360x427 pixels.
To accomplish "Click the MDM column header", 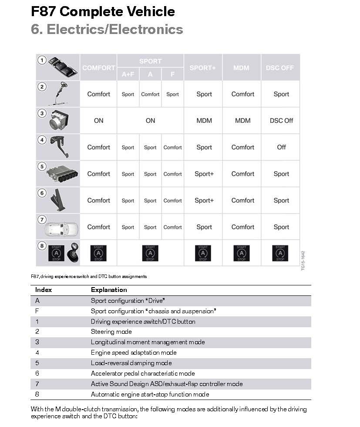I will click(241, 68).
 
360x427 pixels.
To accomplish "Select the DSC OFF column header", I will click(280, 68).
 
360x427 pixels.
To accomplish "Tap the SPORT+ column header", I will click(202, 68).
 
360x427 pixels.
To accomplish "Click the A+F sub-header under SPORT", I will click(128, 74).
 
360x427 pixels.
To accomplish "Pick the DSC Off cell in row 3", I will click(281, 121).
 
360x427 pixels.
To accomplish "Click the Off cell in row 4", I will click(281, 147).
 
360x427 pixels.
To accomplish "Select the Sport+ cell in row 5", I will click(204, 174).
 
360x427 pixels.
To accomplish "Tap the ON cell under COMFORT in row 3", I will click(99, 121).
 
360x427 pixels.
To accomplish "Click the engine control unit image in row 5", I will click(62, 175).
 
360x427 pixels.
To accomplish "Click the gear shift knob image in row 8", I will click(72, 253).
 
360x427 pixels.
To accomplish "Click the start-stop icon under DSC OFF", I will click(280, 253).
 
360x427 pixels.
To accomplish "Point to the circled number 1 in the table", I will click(42, 60).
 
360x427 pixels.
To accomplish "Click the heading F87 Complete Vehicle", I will click(103, 12).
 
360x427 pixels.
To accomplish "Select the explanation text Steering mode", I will click(111, 332).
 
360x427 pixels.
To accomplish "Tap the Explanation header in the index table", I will click(109, 290).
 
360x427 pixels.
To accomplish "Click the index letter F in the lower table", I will click(37, 311).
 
